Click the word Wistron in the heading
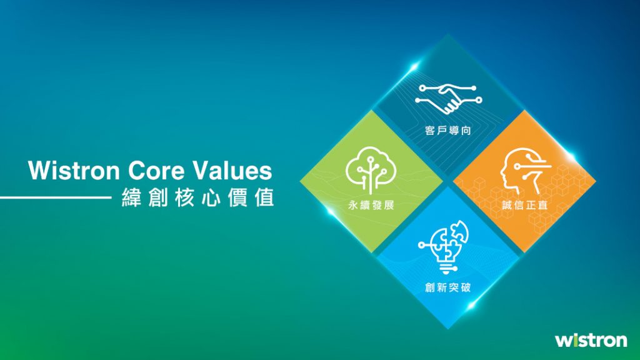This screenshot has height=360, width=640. (74, 171)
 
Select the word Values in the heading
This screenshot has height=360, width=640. (232, 171)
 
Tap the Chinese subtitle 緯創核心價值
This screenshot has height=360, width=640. (198, 197)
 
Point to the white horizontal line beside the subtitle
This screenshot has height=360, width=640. (56, 197)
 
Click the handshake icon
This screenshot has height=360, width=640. (448, 98)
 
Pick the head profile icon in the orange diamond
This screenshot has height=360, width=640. (525, 171)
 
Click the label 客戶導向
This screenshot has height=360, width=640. (447, 131)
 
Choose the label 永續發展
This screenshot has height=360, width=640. (371, 205)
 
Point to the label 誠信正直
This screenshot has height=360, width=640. (525, 205)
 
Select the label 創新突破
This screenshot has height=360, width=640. (447, 287)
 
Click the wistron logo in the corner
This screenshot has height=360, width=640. (591, 340)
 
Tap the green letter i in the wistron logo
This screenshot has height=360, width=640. (576, 340)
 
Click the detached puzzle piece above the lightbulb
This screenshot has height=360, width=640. (459, 231)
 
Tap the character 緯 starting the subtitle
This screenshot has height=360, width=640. (131, 197)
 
